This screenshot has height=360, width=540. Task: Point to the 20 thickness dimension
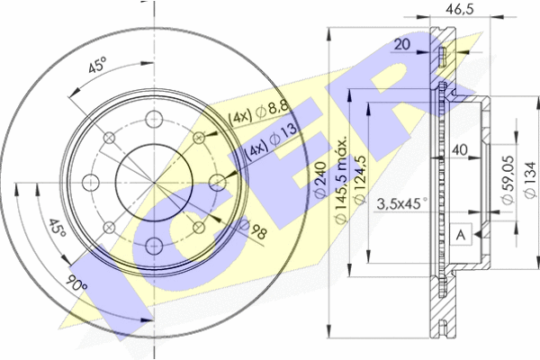click(x=401, y=44)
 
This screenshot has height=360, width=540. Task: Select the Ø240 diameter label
click(x=320, y=179)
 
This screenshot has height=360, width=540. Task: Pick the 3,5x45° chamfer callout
click(x=402, y=203)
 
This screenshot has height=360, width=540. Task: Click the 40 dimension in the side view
click(x=459, y=149)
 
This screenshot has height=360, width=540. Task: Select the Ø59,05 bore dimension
click(x=508, y=180)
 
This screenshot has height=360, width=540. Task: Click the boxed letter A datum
click(x=461, y=235)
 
